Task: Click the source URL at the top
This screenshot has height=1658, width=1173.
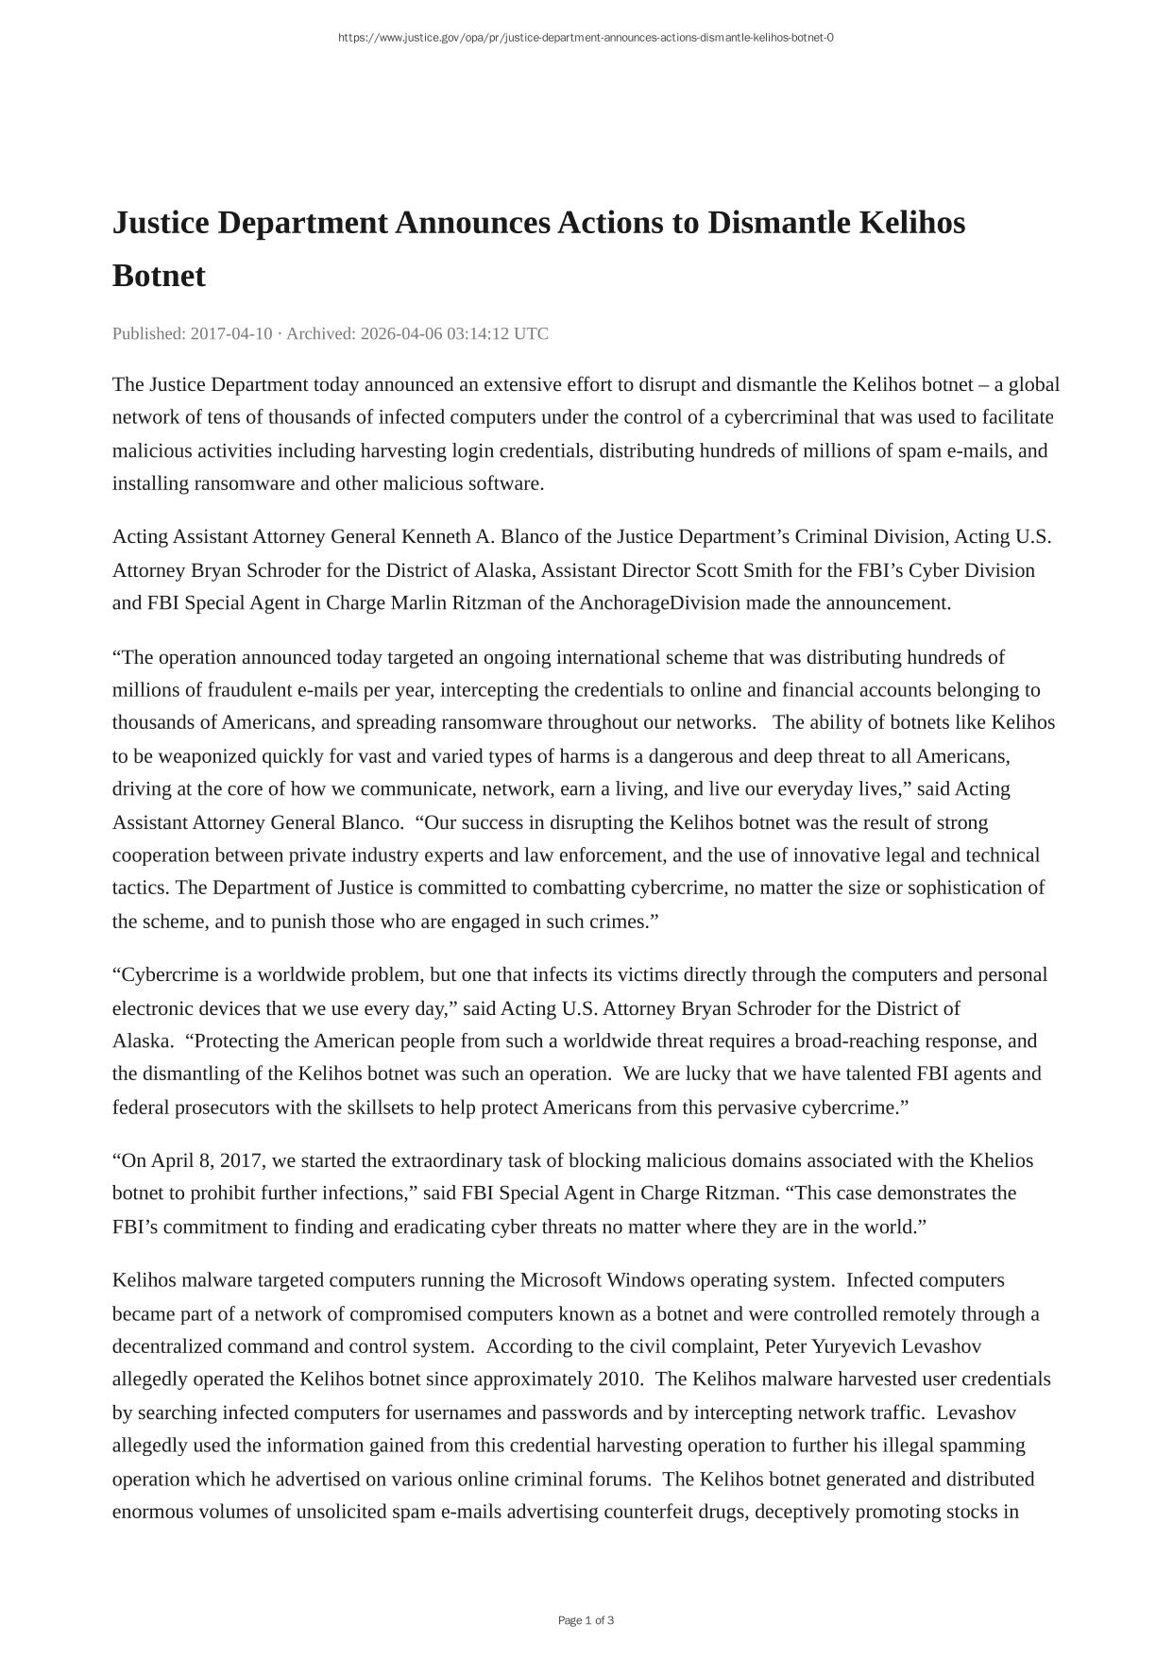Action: tap(586, 38)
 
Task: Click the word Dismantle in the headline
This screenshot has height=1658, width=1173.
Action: tap(777, 223)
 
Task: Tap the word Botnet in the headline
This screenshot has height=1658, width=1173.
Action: tap(159, 276)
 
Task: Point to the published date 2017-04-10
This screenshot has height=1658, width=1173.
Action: tap(231, 333)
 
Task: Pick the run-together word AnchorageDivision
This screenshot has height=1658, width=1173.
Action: tap(659, 602)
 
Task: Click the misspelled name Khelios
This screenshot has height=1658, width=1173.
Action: tap(1001, 1160)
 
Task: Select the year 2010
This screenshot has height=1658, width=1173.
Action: tap(620, 1379)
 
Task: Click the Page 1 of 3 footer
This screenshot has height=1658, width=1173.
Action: tap(586, 1620)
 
